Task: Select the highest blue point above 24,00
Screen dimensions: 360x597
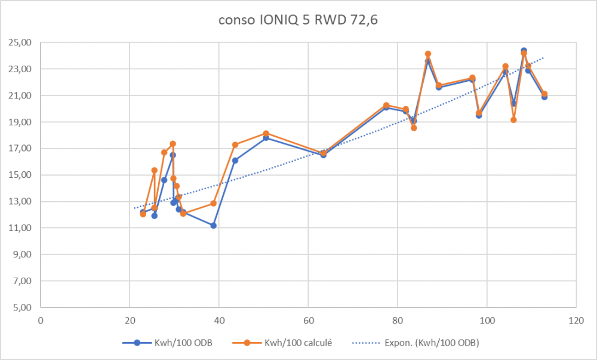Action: [524, 51]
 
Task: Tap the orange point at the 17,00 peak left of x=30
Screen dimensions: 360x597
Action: [173, 144]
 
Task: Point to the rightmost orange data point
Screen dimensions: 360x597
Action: [544, 94]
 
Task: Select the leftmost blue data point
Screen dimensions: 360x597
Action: [143, 212]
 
